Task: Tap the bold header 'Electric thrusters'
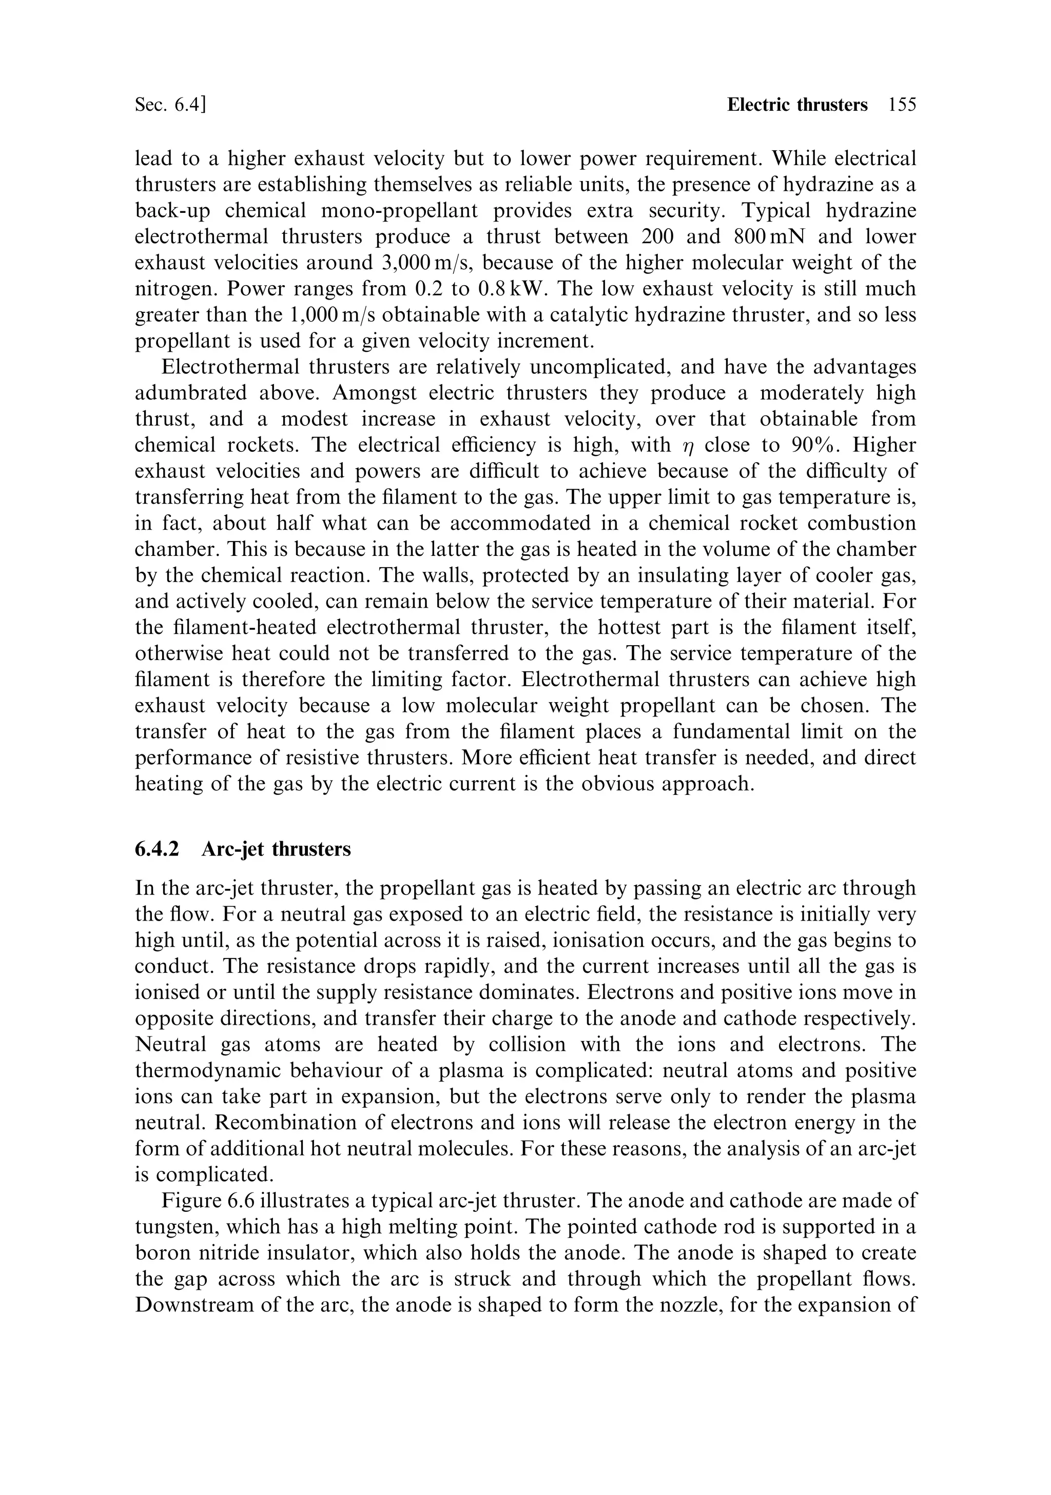(797, 105)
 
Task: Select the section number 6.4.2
(157, 849)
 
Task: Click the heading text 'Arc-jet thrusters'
(276, 849)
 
